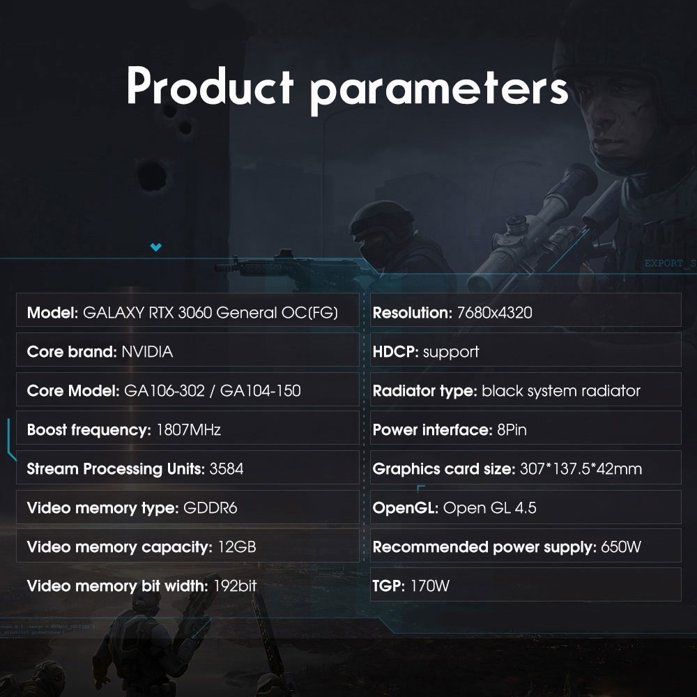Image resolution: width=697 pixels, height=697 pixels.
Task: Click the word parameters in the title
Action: tap(438, 91)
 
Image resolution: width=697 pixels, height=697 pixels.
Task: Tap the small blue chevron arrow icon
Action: tap(155, 247)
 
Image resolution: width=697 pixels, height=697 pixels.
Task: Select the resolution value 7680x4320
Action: tap(494, 313)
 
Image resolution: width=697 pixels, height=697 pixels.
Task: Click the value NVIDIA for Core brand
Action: tap(147, 352)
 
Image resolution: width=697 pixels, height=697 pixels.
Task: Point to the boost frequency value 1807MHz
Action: tap(188, 430)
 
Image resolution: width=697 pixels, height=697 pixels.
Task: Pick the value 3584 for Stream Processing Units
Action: tap(227, 469)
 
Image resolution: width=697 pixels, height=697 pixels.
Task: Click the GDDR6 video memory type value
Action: tap(210, 507)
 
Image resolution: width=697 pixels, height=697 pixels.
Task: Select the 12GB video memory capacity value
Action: tap(237, 546)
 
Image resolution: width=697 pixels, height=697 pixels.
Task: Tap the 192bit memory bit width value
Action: tap(235, 586)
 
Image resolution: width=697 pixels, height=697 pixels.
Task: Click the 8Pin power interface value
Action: tap(512, 430)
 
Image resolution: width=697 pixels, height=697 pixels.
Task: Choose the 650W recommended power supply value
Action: tap(621, 546)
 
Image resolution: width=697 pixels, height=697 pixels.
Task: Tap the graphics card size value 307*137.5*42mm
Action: tap(581, 469)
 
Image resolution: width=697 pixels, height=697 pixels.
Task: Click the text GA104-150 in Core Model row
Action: tap(261, 391)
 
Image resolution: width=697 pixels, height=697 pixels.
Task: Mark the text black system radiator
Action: tap(561, 391)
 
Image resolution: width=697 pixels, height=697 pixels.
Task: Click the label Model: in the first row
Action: tap(52, 313)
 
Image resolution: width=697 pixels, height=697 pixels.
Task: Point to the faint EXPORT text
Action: tap(664, 263)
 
